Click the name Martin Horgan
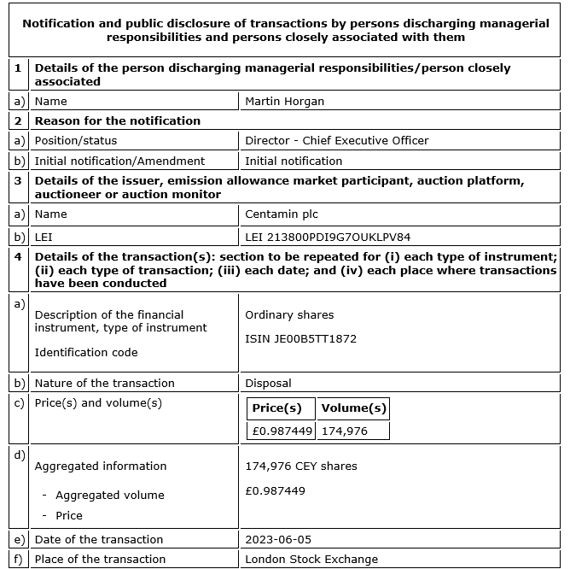pyautogui.click(x=286, y=102)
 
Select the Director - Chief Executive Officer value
pyautogui.click(x=336, y=140)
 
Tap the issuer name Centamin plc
pyautogui.click(x=281, y=214)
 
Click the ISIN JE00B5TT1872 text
pyautogui.click(x=300, y=339)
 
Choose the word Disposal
pyautogui.click(x=268, y=384)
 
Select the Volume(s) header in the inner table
pyautogui.click(x=353, y=408)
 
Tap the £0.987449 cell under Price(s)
pyautogui.click(x=282, y=431)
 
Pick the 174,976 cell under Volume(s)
pyautogui.click(x=345, y=431)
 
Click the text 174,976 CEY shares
pyautogui.click(x=300, y=466)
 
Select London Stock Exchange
pyautogui.click(x=311, y=560)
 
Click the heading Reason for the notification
pyautogui.click(x=117, y=120)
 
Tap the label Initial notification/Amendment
pyautogui.click(x=119, y=161)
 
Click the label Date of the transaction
pyautogui.click(x=98, y=540)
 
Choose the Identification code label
pyautogui.click(x=85, y=353)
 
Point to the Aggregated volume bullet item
pyautogui.click(x=109, y=496)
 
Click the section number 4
pyautogui.click(x=18, y=257)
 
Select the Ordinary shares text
pyautogui.click(x=289, y=315)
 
